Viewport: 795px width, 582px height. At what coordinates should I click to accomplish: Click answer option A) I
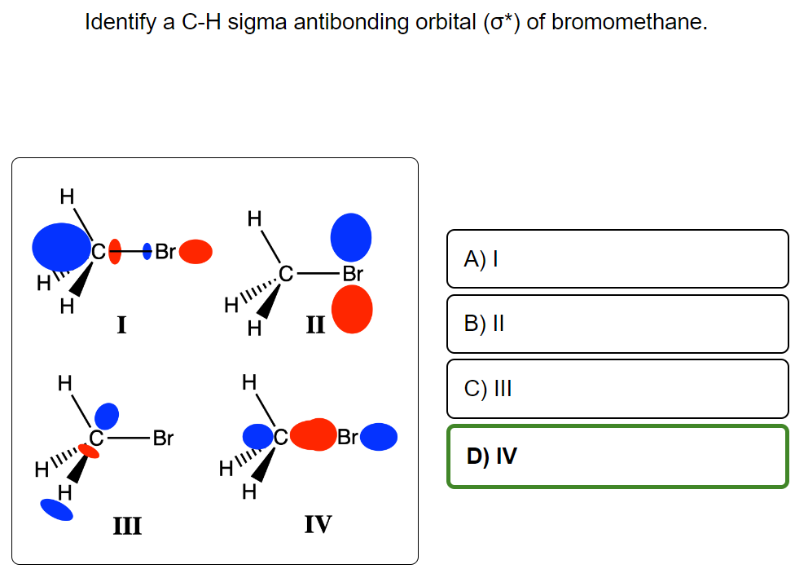(x=617, y=259)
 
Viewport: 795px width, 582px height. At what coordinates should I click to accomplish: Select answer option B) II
(x=617, y=324)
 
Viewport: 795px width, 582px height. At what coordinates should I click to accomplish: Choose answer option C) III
(x=617, y=388)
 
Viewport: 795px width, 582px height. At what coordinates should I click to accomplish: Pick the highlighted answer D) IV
(x=617, y=456)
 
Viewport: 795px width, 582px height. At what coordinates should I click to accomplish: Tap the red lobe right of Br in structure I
(x=195, y=252)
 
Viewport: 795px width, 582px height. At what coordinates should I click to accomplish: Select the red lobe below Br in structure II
(x=352, y=311)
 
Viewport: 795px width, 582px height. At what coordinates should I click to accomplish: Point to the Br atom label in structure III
(x=164, y=438)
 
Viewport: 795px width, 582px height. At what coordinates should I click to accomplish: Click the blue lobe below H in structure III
(x=56, y=509)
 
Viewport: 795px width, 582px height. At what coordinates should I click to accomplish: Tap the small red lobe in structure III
(x=89, y=451)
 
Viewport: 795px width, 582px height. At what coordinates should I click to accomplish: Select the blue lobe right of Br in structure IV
(x=379, y=437)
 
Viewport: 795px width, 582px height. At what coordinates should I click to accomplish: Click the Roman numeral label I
(x=121, y=326)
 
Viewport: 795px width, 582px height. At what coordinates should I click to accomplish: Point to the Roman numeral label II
(x=315, y=326)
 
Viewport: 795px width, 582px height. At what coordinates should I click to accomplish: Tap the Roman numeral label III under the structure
(x=126, y=526)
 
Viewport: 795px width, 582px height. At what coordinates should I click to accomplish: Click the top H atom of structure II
(x=254, y=218)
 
